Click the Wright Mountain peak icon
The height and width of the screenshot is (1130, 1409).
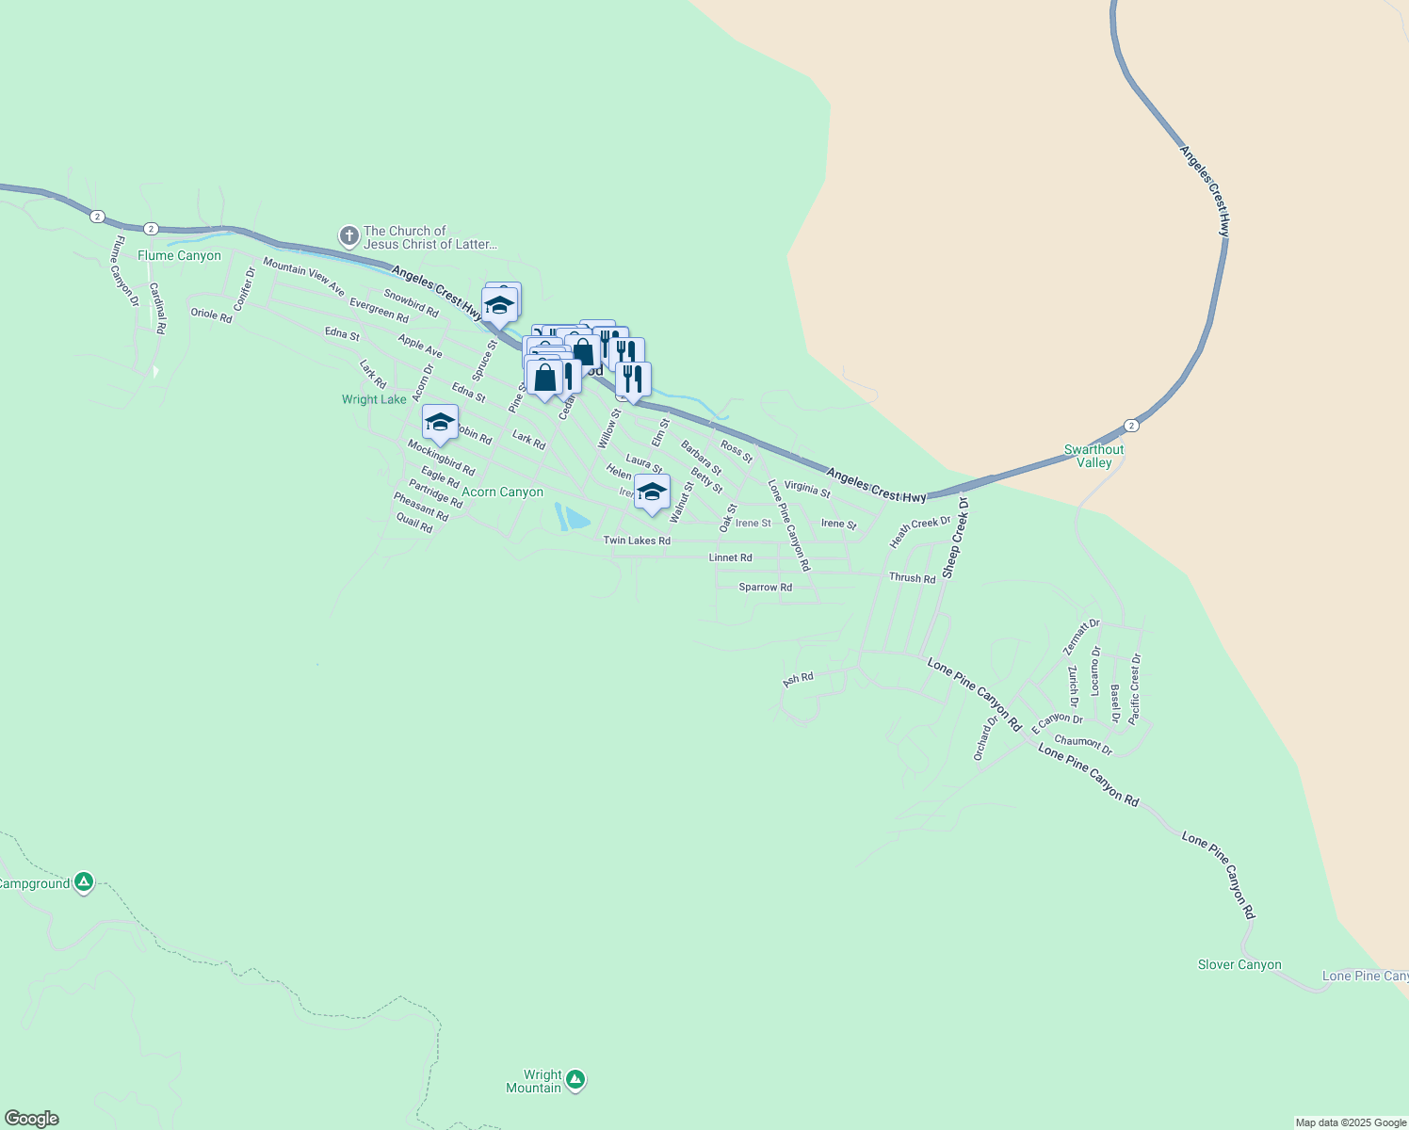pyautogui.click(x=575, y=1080)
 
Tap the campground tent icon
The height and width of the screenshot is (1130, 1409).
pyautogui.click(x=84, y=882)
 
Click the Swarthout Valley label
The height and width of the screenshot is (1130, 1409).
pyautogui.click(x=1093, y=456)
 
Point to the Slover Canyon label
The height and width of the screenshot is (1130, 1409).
pyautogui.click(x=1239, y=964)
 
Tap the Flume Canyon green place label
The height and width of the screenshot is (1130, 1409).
pyautogui.click(x=179, y=255)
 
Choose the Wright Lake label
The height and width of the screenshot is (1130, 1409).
pyautogui.click(x=374, y=399)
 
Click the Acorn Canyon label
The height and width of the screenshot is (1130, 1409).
pyautogui.click(x=502, y=492)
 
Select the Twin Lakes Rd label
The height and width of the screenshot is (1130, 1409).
pyautogui.click(x=637, y=541)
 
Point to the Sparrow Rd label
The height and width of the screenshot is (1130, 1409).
pyautogui.click(x=765, y=587)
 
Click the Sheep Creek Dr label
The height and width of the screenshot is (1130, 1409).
pyautogui.click(x=955, y=539)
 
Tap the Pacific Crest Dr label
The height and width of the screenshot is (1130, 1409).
pyautogui.click(x=1135, y=688)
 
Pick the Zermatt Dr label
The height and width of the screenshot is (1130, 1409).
pyautogui.click(x=1081, y=638)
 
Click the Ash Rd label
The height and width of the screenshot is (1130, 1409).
pyautogui.click(x=798, y=678)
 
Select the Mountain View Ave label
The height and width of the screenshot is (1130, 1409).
pyautogui.click(x=303, y=277)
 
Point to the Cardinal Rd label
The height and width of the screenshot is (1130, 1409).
pyautogui.click(x=157, y=309)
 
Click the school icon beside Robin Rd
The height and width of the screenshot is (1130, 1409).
pyautogui.click(x=440, y=422)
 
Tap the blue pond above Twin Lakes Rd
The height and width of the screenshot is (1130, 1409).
pyautogui.click(x=574, y=517)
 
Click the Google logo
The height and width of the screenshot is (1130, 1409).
pyautogui.click(x=31, y=1119)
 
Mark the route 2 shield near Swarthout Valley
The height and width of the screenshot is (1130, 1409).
pyautogui.click(x=1131, y=426)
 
